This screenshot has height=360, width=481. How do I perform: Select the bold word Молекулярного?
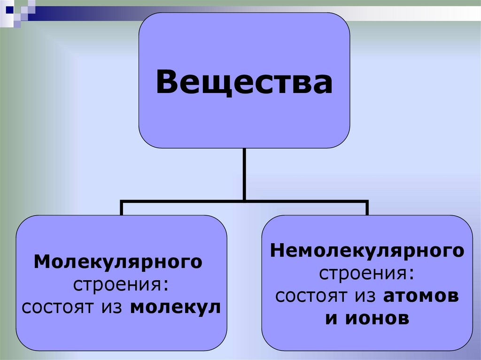118,262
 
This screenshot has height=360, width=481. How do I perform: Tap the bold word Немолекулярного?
367,251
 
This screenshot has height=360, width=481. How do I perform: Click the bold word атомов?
421,296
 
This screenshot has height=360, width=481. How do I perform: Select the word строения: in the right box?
367,274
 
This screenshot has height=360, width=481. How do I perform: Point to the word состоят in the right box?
310,296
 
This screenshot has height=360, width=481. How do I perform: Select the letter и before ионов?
331,319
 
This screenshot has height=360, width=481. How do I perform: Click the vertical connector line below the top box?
244,174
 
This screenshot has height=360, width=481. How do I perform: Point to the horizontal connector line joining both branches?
244,201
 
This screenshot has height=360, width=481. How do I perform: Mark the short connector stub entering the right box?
367,208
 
